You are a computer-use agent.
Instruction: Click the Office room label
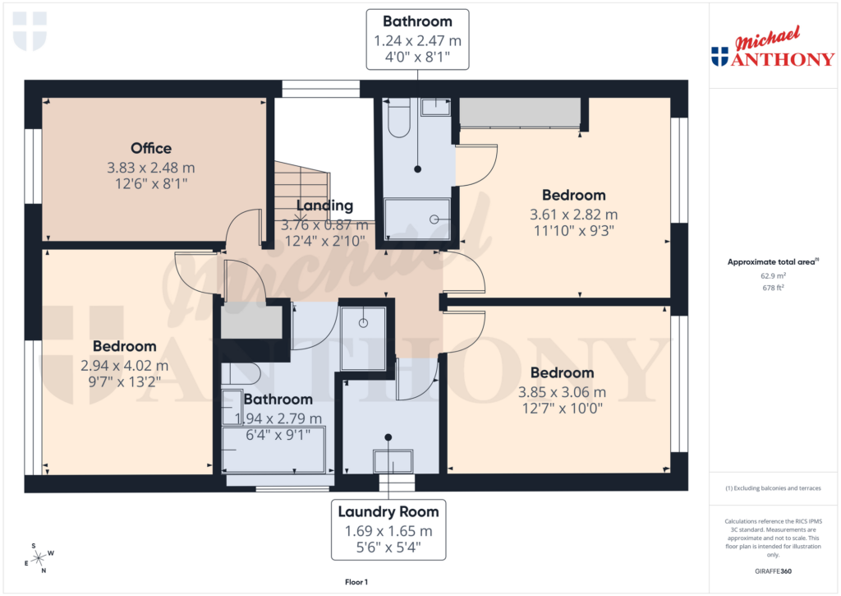151,148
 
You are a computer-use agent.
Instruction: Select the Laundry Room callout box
389,529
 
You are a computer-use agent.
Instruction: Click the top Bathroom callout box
417,39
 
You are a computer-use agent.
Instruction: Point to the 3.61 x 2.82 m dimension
573,215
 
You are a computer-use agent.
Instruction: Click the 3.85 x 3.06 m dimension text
562,392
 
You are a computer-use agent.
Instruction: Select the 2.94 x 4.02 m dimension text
124,365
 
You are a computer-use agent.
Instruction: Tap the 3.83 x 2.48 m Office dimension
151,168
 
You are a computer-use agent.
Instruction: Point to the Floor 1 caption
356,582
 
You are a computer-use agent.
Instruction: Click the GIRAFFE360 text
773,571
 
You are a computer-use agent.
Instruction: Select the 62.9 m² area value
773,276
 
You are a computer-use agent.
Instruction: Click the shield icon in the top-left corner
30,30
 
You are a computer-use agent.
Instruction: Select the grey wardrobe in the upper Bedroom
519,113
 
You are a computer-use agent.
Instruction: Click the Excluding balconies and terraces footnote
773,488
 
